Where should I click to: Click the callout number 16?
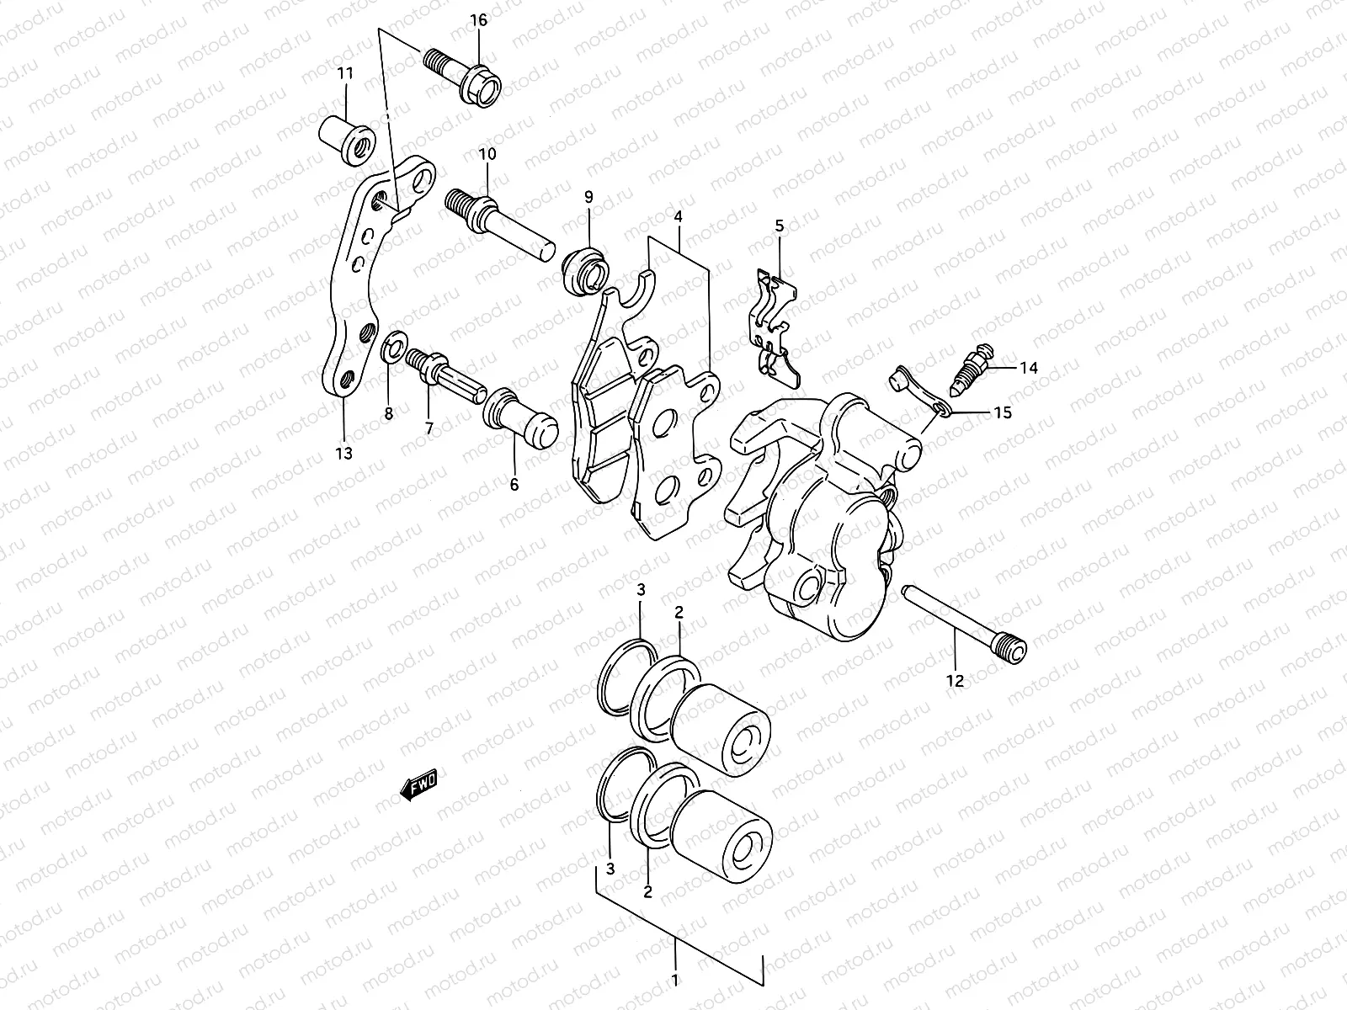click(x=478, y=21)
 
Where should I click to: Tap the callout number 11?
click(x=345, y=73)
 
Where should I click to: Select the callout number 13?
click(x=343, y=454)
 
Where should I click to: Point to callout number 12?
click(x=955, y=682)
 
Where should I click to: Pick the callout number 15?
click(x=1002, y=412)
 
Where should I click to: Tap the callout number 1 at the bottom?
click(x=675, y=980)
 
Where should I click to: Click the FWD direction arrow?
click(x=418, y=787)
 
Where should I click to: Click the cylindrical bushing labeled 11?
click(x=347, y=135)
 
